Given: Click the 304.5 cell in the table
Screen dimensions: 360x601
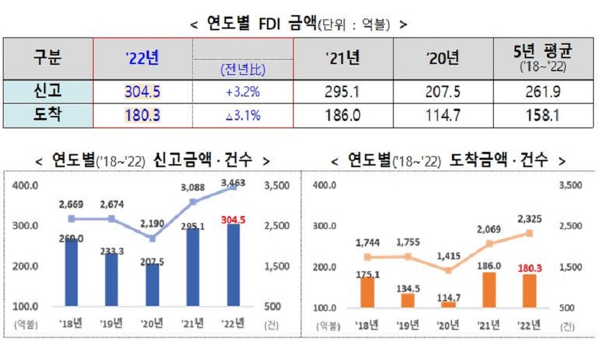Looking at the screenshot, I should click(x=143, y=92).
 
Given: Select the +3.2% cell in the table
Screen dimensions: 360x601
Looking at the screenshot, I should click(x=243, y=92).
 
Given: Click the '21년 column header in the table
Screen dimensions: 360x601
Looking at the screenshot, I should click(x=342, y=58).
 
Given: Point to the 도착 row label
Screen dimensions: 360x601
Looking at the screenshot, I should click(x=48, y=114).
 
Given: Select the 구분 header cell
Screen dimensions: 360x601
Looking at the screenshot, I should click(x=48, y=58).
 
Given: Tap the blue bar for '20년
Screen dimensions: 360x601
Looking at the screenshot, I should click(x=153, y=285).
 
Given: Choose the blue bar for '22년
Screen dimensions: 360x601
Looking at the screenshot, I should click(x=235, y=266).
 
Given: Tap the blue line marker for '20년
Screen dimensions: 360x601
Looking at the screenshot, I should click(x=153, y=238).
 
